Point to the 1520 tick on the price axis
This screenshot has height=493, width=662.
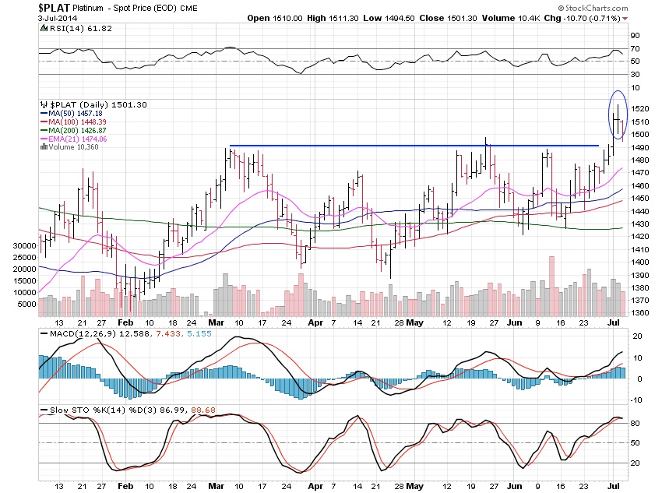639,108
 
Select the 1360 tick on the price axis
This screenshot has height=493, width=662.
639,313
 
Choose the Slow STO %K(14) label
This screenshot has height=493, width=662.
77,410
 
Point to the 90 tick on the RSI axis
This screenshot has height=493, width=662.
635,35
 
